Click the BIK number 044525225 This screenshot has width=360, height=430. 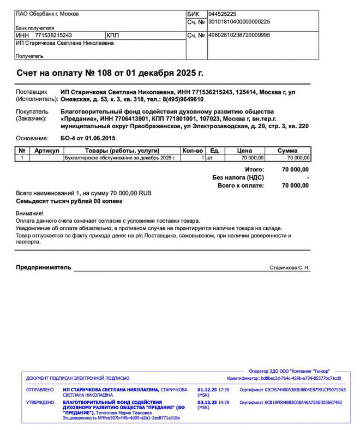pos(222,14)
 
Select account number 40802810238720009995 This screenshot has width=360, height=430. pos(239,35)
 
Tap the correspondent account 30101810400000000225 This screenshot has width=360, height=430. pos(239,22)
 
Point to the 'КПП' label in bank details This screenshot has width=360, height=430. pos(113,35)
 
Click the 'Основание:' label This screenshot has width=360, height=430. pos(32,138)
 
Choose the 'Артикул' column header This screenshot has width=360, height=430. pos(46,150)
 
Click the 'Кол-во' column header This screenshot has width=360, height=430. pos(193,150)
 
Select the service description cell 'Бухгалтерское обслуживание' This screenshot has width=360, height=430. pos(120,158)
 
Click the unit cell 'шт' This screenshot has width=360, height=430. pos(209,158)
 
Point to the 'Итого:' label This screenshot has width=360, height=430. pos(255,170)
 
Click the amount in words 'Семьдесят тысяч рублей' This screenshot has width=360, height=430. pos(69,201)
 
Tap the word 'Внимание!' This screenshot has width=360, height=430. pos(29,213)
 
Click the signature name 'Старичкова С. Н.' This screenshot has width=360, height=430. pos(289,268)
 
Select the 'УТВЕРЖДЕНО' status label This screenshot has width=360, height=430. pos(40,402)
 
